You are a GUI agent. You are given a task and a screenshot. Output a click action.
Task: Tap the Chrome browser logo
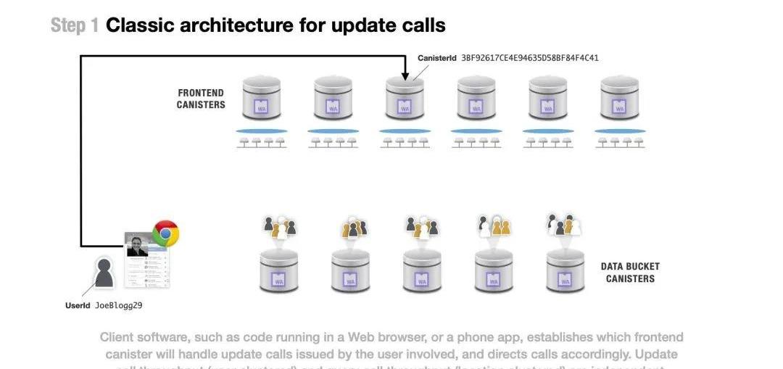coord(165,233)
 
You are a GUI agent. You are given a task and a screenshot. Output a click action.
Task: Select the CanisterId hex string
coord(530,58)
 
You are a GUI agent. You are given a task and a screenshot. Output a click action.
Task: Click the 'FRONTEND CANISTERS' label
coord(201,99)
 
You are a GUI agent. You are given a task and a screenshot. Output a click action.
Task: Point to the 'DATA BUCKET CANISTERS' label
coord(629,273)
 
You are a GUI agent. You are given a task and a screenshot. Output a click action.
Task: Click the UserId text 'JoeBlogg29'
coord(118,306)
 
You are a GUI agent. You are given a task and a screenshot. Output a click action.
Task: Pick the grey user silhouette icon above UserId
coord(104,273)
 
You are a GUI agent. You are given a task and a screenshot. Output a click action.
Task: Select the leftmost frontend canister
coord(261,99)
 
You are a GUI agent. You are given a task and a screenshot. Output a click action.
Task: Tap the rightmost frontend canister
coord(619,99)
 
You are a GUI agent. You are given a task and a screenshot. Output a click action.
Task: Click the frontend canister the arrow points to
coord(405,99)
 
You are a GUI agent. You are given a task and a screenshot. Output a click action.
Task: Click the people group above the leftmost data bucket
coord(279,226)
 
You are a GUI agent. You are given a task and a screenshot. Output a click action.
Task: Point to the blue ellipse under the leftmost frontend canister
coord(261,131)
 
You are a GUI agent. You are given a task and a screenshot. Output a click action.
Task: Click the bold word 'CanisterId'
coord(437,58)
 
